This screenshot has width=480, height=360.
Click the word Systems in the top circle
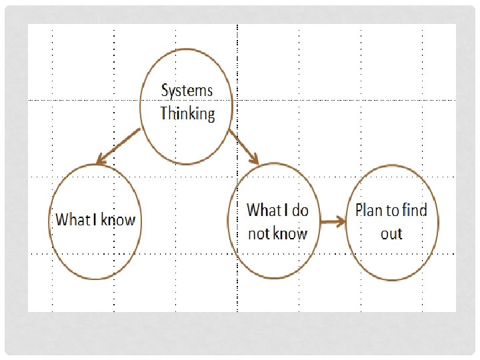pos(187,91)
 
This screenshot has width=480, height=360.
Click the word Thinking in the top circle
pos(187,113)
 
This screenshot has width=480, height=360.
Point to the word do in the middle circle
pos(300,211)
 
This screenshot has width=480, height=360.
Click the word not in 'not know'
pos(259,233)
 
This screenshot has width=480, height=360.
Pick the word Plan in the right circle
pos(369,211)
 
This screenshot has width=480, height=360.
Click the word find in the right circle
pos(413,211)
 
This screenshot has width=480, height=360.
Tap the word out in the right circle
pos(391,233)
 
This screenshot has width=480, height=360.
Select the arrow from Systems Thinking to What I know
pos(119,146)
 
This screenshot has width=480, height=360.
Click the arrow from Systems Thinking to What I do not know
pos(243,146)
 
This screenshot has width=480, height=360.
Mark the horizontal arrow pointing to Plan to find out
pos(332,222)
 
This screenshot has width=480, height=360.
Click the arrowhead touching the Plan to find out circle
pos(341,222)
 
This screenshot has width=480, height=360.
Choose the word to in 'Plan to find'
pos(393,211)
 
